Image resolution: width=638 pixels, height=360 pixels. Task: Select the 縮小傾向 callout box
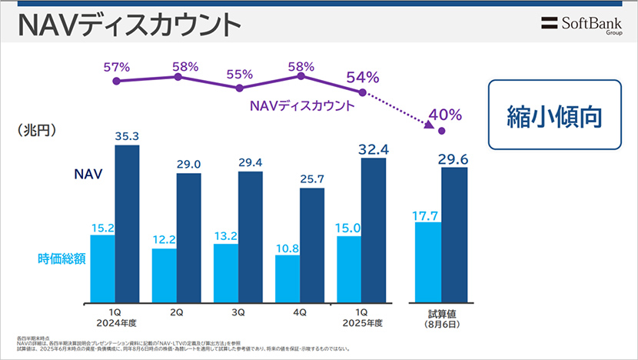click(553, 115)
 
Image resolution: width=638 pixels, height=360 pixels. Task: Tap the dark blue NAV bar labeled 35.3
click(127, 223)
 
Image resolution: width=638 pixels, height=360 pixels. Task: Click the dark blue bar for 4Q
click(311, 245)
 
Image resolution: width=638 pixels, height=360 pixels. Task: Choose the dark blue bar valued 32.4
click(373, 228)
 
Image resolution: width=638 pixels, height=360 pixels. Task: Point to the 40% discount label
click(445, 115)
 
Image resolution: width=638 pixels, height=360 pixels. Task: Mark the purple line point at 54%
click(362, 92)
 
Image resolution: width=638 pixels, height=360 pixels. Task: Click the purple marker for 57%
click(116, 81)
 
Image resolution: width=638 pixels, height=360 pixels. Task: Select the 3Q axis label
click(238, 313)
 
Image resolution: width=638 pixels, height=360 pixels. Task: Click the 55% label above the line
click(240, 74)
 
